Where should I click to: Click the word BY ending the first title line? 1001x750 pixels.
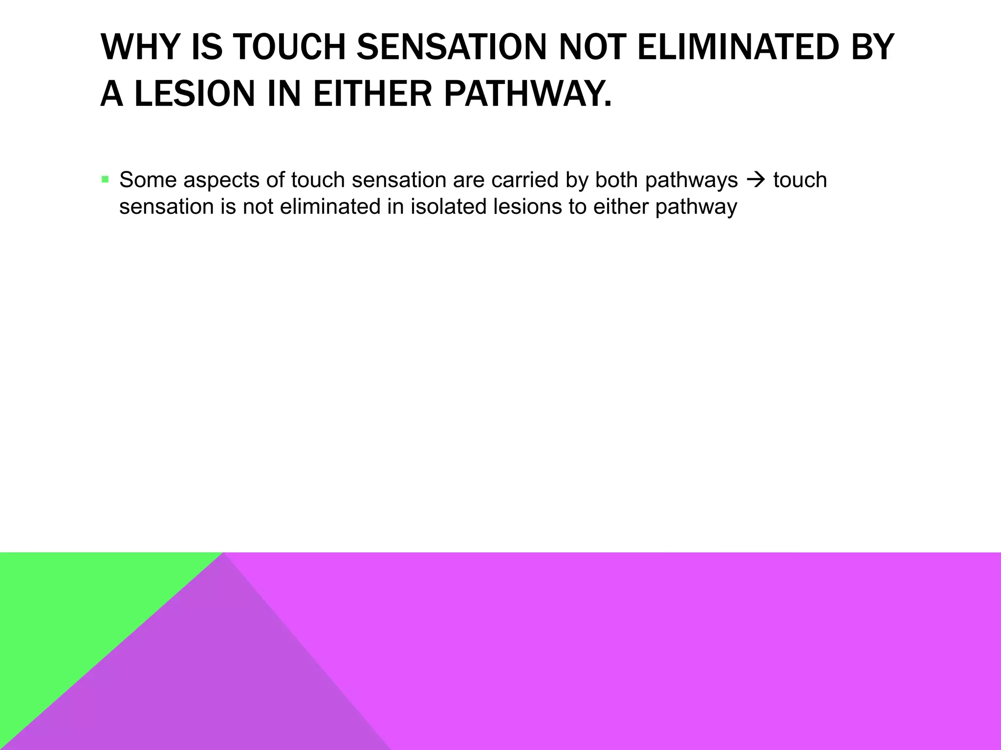pos(872,47)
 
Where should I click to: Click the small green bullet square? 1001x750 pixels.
pos(105,179)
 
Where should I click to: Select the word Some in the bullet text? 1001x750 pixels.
pos(148,180)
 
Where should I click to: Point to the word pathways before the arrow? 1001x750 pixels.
pos(691,180)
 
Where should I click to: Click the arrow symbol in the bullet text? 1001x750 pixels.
pos(755,180)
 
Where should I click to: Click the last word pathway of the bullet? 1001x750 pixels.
pos(696,207)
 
